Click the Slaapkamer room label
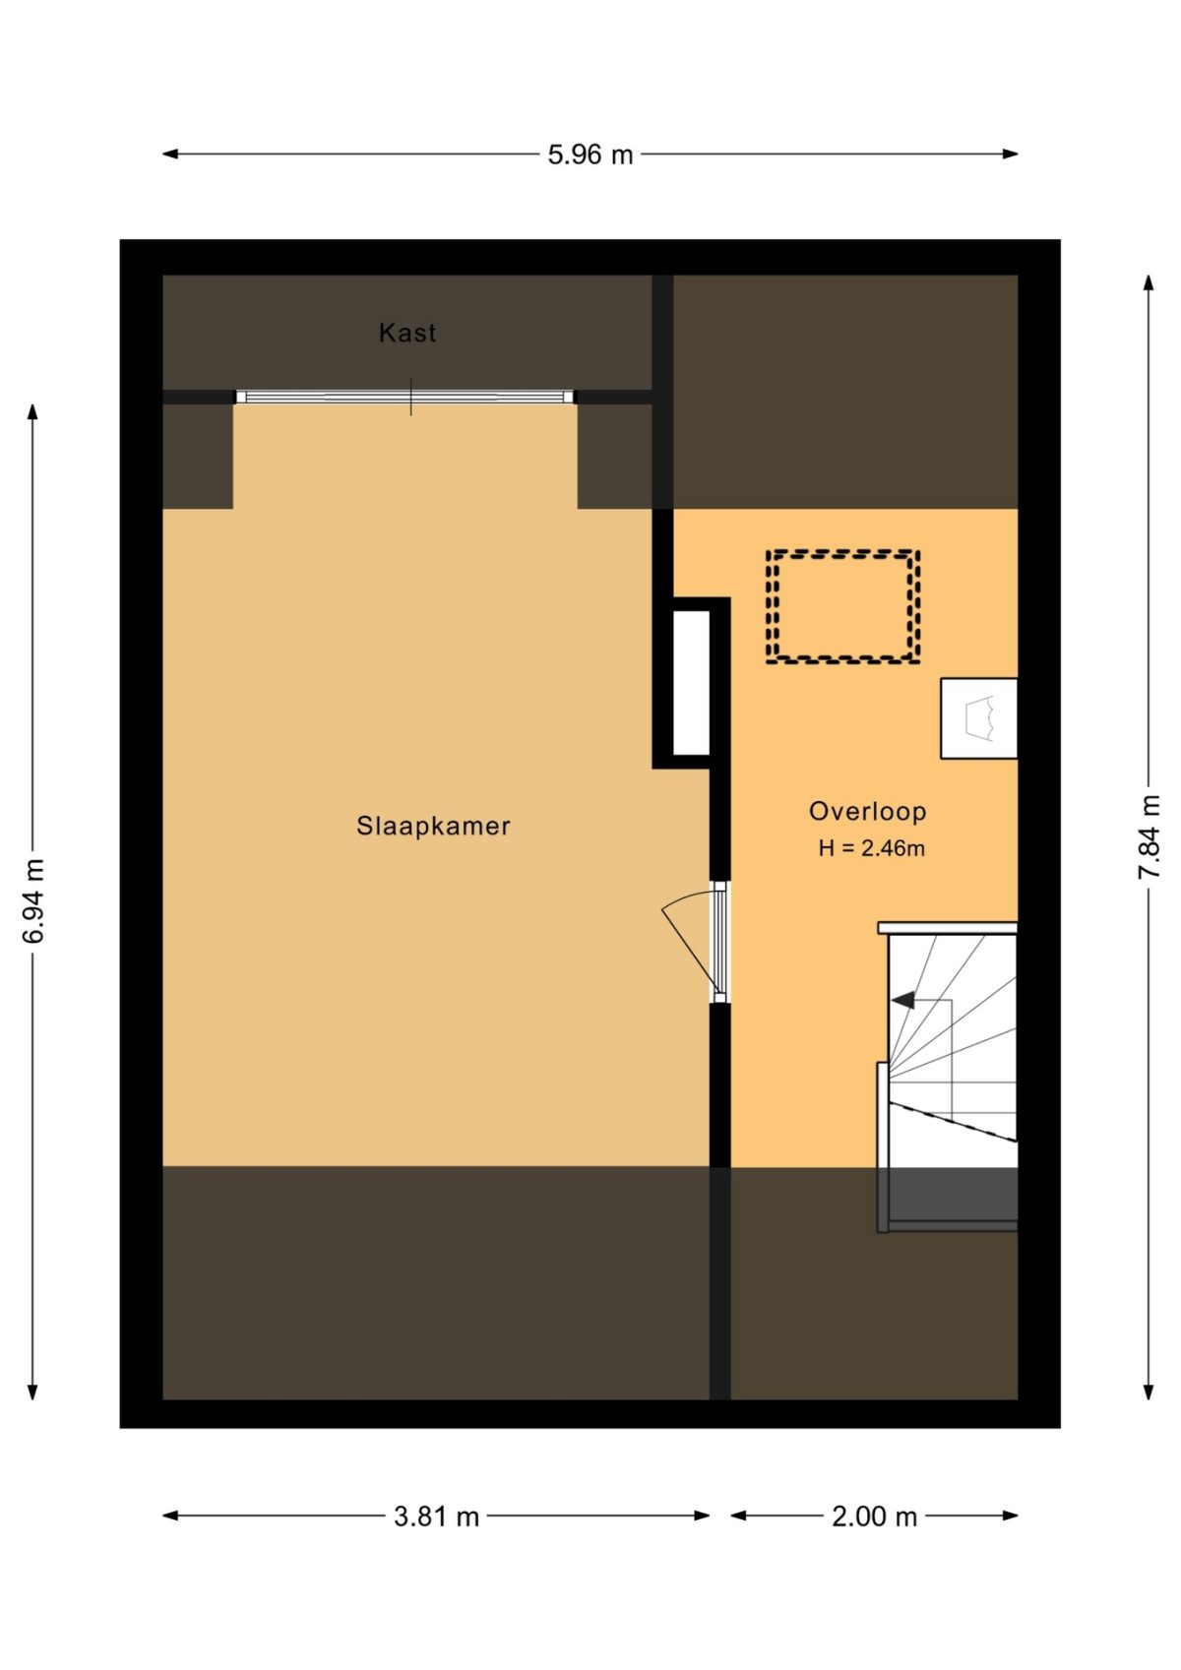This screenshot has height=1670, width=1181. pos(433,826)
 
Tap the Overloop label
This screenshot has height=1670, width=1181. pos(867,812)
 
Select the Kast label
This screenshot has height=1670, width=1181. pos(407,333)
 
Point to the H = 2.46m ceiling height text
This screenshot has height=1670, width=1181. pos(871,848)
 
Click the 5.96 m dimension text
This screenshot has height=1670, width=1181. pos(590,155)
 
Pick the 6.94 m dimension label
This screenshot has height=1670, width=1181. pos(34,900)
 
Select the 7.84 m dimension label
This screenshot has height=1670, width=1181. pos(1149,836)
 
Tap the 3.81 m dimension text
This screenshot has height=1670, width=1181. pos(436,1516)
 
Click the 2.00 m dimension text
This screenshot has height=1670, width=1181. pos(874,1516)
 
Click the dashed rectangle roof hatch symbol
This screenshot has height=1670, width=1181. pos(842,606)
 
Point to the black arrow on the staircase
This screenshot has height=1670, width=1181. pos(903,1000)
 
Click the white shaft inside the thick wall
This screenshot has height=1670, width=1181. pos(691,682)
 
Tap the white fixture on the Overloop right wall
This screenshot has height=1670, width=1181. pos(978,718)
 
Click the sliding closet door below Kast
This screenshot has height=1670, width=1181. pos(404,397)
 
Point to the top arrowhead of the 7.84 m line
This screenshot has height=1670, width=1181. pos(1149,282)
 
